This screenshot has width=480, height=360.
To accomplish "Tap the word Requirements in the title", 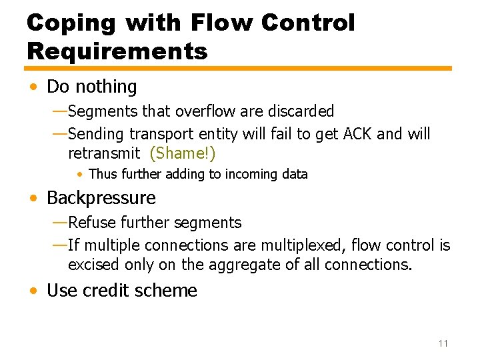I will (x=117, y=51).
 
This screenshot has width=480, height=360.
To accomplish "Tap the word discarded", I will (x=300, y=111).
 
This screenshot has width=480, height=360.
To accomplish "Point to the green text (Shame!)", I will (x=183, y=153).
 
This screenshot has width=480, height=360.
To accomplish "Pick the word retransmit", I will (x=104, y=153).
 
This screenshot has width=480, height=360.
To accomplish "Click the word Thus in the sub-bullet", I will (x=102, y=175).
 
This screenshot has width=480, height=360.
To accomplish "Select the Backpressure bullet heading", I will (x=101, y=198).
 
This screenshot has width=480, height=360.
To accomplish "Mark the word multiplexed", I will (x=303, y=245).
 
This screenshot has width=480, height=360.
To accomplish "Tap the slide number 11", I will (x=443, y=343).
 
